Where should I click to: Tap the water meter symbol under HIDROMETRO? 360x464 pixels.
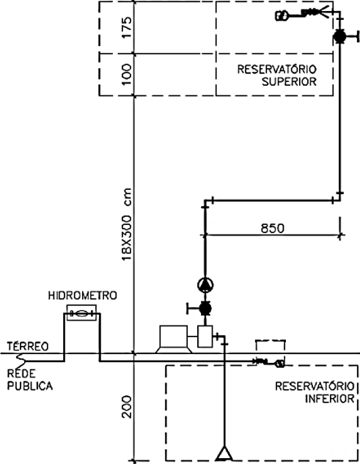pos(82,313)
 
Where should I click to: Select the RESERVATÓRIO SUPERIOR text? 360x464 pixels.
pos(276,76)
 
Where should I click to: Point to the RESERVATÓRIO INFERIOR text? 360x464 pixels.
pos(315,392)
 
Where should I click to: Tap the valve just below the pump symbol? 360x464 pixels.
pos(204,308)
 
